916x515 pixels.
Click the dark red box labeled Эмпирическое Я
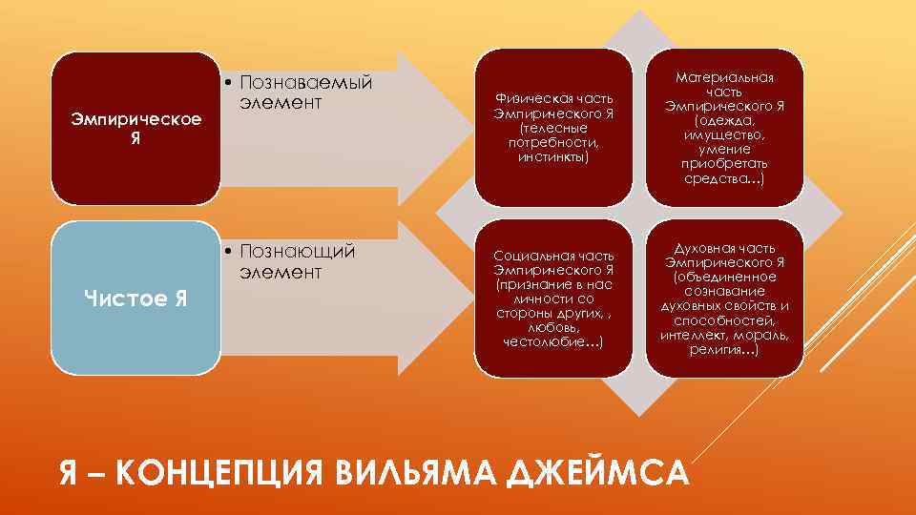point(135,129)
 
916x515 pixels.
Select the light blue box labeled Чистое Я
point(135,299)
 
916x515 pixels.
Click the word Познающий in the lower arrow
point(298,252)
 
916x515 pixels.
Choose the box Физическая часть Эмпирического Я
point(553,128)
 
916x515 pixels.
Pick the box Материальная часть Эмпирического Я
point(724,128)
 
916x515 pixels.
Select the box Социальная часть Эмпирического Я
point(553,299)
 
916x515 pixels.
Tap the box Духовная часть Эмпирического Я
point(724,299)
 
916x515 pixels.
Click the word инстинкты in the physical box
point(553,156)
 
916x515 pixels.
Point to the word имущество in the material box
point(724,135)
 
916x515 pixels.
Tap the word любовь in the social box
point(553,328)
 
